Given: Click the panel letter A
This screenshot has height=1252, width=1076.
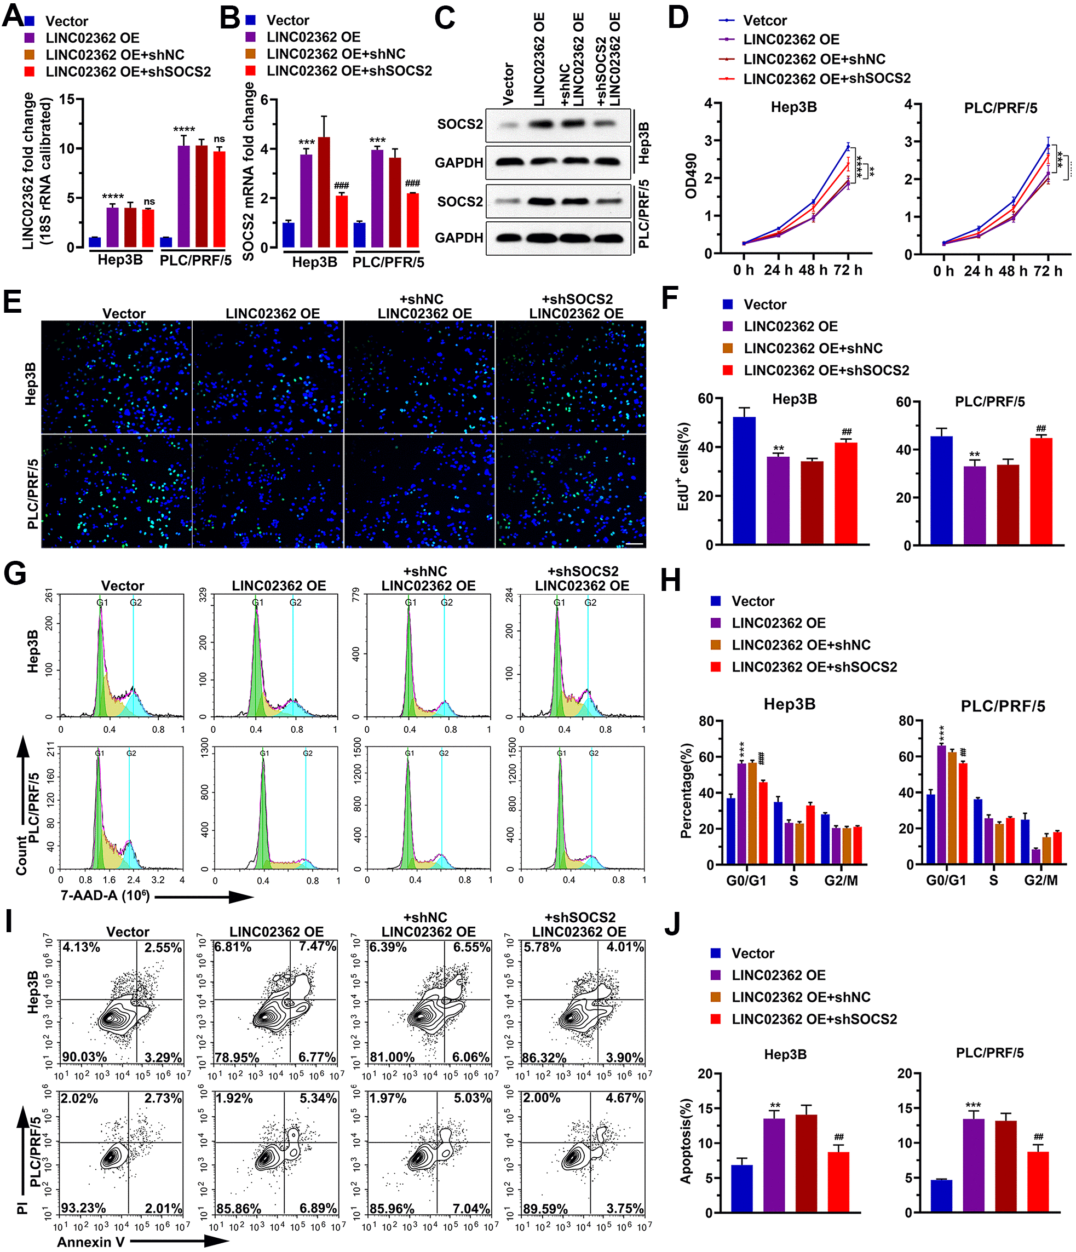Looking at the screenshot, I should [x=12, y=17].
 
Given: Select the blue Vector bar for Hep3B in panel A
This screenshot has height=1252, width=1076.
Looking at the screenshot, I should [x=95, y=242].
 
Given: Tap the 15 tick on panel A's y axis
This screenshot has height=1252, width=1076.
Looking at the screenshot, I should [x=67, y=99].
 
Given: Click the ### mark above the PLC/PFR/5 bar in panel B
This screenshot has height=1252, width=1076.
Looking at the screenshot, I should [x=413, y=183].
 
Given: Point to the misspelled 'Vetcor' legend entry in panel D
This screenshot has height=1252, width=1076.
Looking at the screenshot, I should [x=765, y=21].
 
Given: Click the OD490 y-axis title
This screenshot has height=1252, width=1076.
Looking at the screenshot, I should [x=691, y=176].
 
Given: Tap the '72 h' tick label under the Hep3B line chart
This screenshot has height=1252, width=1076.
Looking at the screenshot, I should [x=848, y=270].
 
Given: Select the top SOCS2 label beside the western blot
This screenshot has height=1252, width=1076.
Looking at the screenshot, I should [x=460, y=124].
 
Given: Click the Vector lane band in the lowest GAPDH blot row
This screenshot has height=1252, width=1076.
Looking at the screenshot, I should [x=509, y=238].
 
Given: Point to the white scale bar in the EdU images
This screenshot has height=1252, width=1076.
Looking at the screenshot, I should [x=634, y=544].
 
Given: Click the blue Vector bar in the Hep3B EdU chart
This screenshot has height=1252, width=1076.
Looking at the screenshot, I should [x=744, y=481].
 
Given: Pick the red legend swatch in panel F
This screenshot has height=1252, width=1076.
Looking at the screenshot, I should [x=728, y=370].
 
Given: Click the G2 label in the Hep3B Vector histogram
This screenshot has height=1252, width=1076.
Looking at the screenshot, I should [x=136, y=602].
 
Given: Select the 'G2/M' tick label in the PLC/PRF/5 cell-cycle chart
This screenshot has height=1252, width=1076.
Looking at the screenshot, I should [x=1040, y=880].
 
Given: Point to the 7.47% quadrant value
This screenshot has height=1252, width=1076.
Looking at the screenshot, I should [x=317, y=947].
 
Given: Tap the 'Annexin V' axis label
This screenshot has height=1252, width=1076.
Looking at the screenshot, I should [x=90, y=1242].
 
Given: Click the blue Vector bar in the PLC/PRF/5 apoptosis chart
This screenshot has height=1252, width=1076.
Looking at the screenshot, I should [x=941, y=1196].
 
